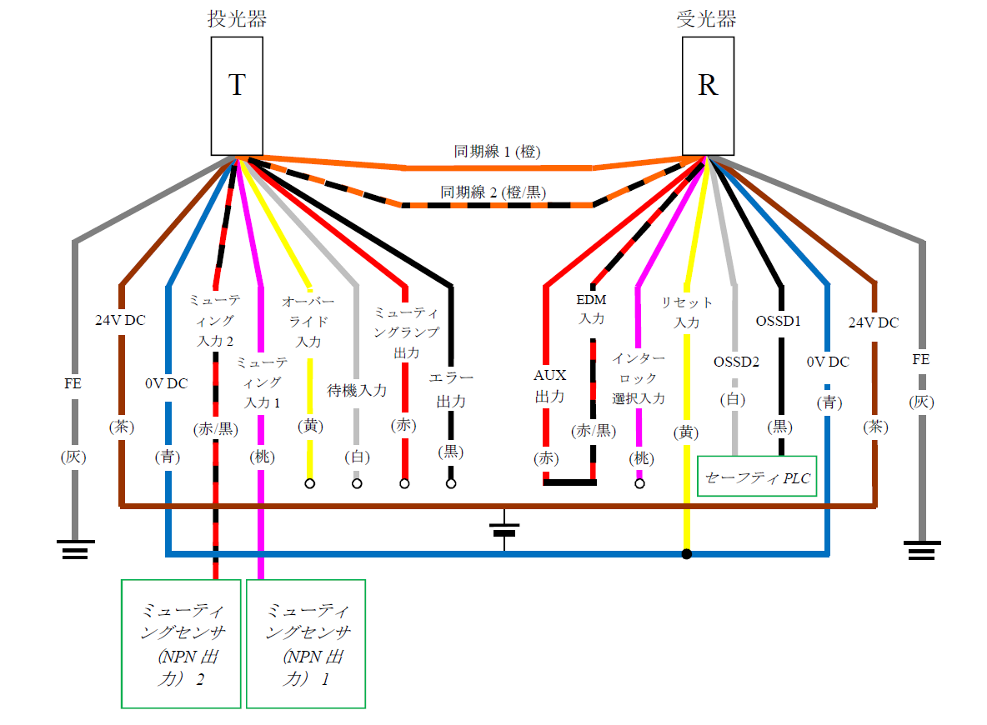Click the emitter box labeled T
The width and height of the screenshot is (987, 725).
click(x=237, y=96)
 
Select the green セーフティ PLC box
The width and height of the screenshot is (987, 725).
click(x=757, y=477)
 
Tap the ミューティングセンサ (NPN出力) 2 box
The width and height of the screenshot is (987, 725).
click(x=181, y=643)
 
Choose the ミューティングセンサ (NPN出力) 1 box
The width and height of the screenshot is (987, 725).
click(x=306, y=643)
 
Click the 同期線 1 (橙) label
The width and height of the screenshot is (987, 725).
click(x=498, y=152)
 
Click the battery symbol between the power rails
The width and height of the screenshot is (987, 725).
click(x=504, y=531)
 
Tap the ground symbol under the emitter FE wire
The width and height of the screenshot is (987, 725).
click(x=75, y=550)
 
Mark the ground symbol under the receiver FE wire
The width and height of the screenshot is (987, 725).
click(x=922, y=550)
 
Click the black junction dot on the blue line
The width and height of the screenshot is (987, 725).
click(x=687, y=554)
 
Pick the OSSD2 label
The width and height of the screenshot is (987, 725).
click(x=735, y=362)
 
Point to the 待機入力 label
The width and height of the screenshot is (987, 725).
click(x=357, y=390)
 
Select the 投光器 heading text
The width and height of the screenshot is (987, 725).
click(x=237, y=19)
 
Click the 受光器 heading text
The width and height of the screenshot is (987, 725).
click(x=707, y=19)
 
